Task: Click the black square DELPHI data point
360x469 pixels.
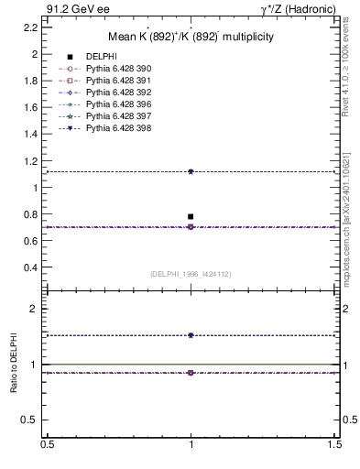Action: [x=191, y=216]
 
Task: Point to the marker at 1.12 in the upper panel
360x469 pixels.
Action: [x=191, y=171]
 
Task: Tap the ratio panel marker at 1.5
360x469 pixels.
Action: [x=191, y=335]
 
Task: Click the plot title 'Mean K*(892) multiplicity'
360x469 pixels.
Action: [x=191, y=37]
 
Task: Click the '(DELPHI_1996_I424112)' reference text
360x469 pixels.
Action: [x=191, y=274]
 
